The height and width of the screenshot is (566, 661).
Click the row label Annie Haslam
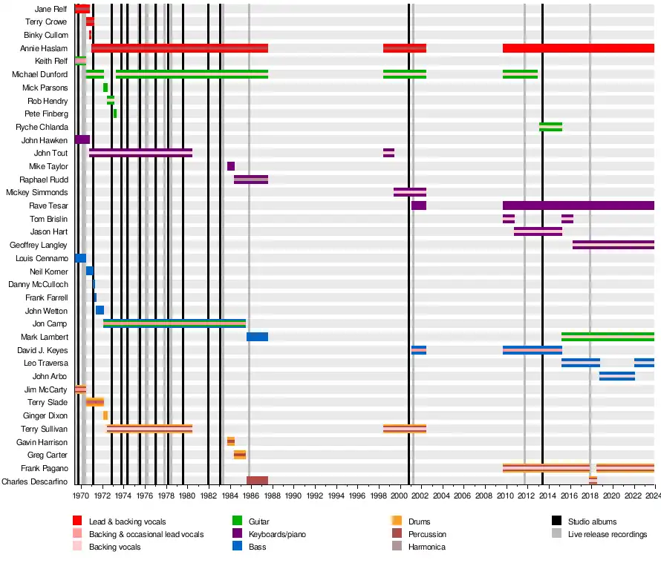45,48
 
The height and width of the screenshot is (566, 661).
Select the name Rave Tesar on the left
48,205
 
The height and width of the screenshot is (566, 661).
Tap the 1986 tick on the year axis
251,495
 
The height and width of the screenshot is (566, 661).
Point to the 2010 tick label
505,495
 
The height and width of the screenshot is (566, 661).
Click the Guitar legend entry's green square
237,521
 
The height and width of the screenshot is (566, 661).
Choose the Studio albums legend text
592,521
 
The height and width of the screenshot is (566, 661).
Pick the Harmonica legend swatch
395,547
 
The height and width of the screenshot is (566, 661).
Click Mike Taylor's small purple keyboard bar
231,166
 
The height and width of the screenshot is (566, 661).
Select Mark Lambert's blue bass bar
257,337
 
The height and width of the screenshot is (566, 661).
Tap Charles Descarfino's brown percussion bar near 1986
257,481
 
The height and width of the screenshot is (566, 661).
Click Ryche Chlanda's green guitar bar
550,127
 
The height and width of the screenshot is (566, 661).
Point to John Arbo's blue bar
617,376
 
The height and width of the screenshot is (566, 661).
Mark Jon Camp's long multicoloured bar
175,323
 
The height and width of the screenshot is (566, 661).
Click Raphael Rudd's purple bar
251,179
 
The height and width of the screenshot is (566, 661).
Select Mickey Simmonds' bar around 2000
410,192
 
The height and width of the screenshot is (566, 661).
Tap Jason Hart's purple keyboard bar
538,231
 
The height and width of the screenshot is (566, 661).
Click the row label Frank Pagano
45,468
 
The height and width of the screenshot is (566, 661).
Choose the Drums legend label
419,521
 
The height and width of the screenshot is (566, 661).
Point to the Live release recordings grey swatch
556,534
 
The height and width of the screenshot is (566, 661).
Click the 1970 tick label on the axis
82,495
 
